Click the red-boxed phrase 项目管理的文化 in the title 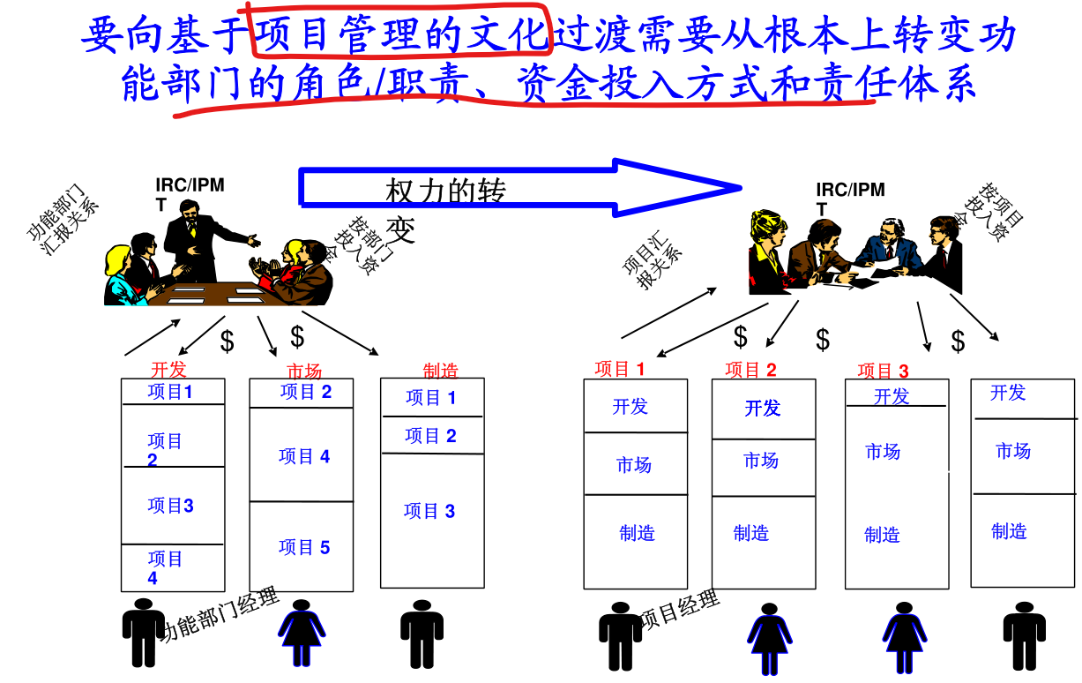click(x=401, y=34)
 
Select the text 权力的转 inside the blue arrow click(x=446, y=191)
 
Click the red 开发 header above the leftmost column click(x=168, y=370)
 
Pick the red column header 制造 click(x=441, y=372)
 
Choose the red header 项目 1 click(x=620, y=370)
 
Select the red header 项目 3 click(x=883, y=372)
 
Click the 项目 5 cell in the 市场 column click(x=304, y=547)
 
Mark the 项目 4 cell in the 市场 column click(x=304, y=456)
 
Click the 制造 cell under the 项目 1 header click(x=637, y=533)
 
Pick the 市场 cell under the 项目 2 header click(x=761, y=461)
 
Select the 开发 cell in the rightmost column click(x=1008, y=393)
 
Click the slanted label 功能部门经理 click(x=220, y=615)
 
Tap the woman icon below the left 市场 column click(x=302, y=633)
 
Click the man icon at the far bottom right click(x=1025, y=634)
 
